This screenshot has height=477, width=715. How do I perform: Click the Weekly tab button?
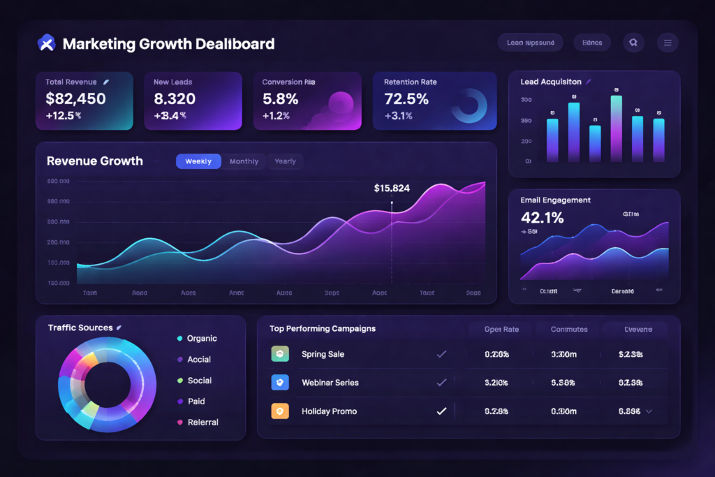[198, 161]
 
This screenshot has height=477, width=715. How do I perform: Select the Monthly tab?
[244, 161]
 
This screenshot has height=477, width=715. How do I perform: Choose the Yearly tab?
[285, 161]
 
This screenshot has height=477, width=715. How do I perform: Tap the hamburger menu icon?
[668, 43]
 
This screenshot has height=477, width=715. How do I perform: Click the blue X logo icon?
[45, 43]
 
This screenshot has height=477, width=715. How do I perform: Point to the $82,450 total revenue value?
[75, 98]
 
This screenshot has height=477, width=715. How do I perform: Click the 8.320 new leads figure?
[175, 98]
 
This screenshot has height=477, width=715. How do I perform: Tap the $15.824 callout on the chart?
[392, 188]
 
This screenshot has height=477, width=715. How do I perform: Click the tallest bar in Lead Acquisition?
[616, 129]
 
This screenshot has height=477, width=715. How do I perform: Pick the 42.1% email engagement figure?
[542, 218]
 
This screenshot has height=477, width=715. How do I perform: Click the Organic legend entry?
[202, 339]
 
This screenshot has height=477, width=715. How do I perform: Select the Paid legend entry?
[196, 402]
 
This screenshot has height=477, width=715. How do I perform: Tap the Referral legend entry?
[202, 423]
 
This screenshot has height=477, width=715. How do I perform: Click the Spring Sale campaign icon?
[279, 354]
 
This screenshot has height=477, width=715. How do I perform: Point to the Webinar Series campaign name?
[330, 383]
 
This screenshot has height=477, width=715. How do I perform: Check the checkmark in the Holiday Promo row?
[441, 411]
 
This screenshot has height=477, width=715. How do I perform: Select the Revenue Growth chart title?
[95, 161]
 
